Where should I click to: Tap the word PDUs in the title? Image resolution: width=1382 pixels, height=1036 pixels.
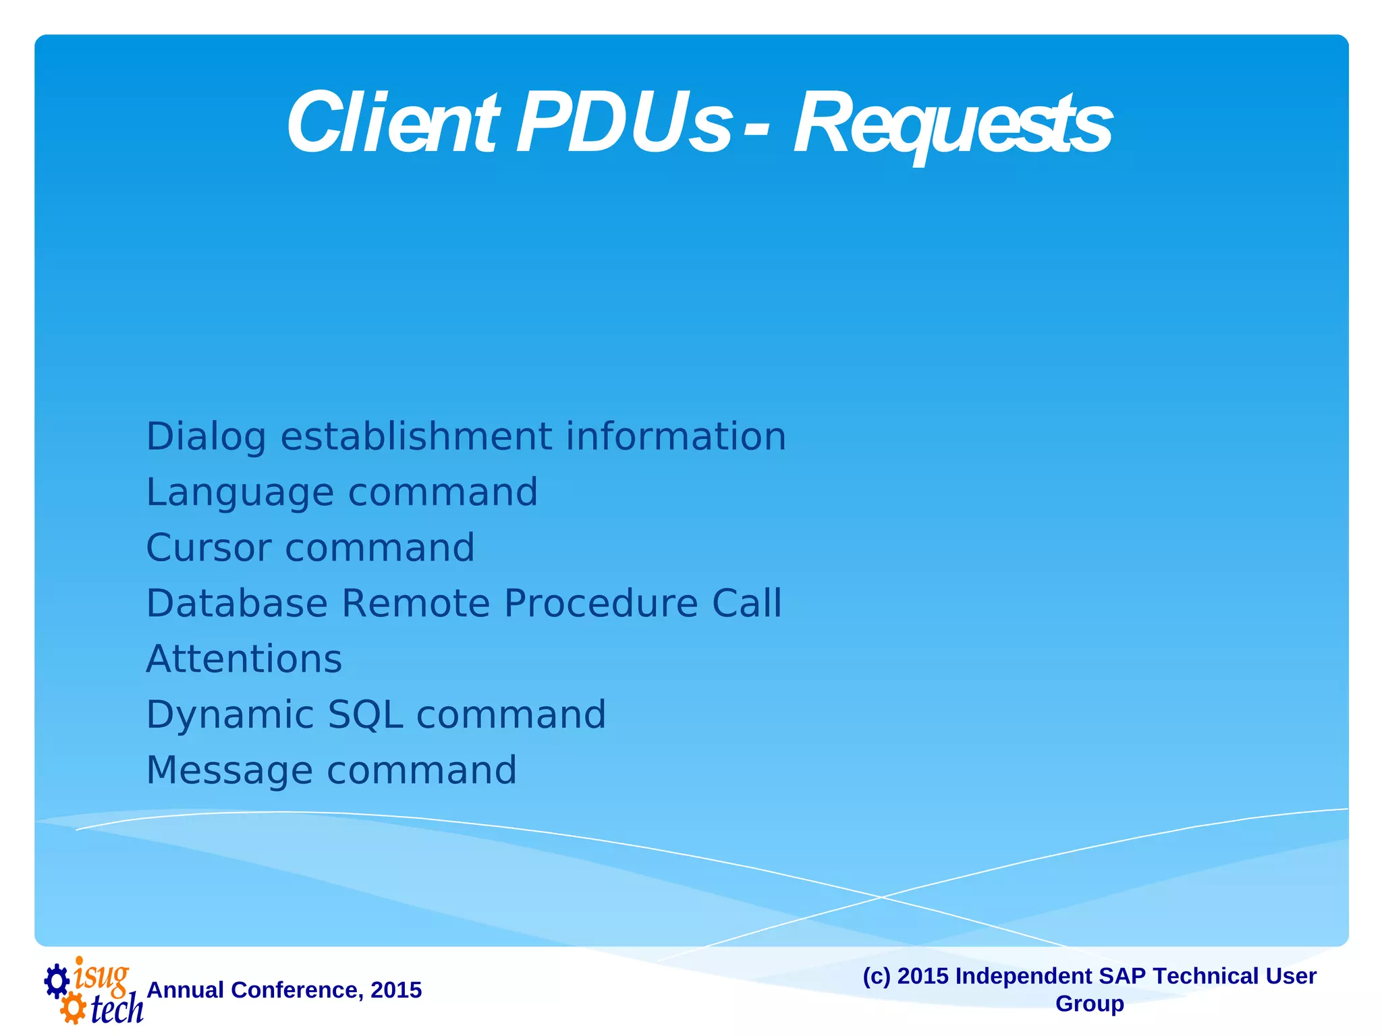(624, 123)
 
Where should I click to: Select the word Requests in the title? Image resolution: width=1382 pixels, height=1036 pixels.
(952, 125)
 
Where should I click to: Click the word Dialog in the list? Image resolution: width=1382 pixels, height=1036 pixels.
(206, 438)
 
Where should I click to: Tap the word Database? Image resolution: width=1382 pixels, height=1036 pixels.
(236, 603)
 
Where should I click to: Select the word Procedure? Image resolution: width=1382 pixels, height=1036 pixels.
(601, 603)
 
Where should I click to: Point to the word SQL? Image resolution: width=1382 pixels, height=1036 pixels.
(365, 715)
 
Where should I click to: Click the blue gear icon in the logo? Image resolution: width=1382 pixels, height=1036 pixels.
(57, 981)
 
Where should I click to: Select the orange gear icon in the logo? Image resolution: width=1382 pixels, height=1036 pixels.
(73, 1010)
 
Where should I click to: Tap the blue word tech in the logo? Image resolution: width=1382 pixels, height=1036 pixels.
(117, 1009)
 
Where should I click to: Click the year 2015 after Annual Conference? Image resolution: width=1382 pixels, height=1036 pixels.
(396, 990)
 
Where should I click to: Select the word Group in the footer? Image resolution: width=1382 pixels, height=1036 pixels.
(1089, 1004)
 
